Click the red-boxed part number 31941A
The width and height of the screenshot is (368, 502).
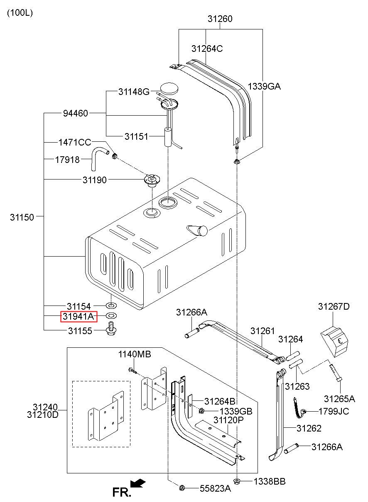(x=78, y=316)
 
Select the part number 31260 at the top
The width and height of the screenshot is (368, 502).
(x=220, y=19)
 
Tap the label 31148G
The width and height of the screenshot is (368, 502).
(x=134, y=92)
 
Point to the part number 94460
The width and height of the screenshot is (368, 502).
(x=76, y=114)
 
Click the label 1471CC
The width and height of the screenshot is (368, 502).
(x=75, y=142)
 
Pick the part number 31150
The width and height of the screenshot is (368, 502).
(x=22, y=217)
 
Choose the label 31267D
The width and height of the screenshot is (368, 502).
(x=334, y=306)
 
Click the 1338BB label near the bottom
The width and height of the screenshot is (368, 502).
(x=270, y=481)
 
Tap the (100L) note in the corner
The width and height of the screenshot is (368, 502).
(x=20, y=12)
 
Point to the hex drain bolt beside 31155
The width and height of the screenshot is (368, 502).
(x=111, y=329)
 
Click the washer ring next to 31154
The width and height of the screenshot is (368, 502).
(x=111, y=305)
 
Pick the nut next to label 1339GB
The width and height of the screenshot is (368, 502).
(x=201, y=411)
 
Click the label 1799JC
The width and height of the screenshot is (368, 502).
(x=334, y=411)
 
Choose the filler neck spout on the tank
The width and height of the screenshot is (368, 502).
(x=197, y=230)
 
